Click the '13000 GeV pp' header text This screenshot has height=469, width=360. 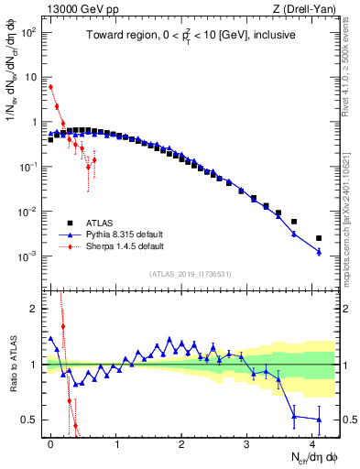73,9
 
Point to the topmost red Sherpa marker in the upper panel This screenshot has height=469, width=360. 51,87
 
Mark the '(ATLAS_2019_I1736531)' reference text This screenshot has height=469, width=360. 189,274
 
